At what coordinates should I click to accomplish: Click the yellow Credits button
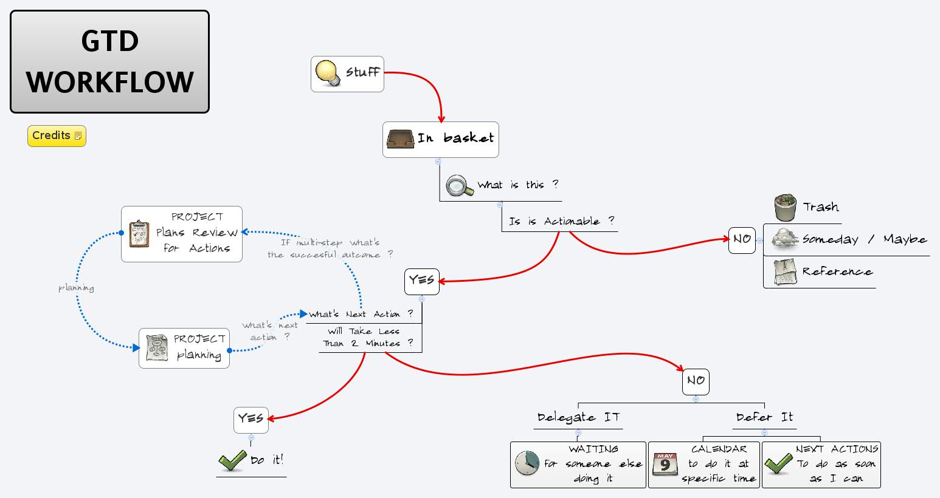coord(57,136)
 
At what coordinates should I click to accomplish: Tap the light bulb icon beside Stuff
coord(327,73)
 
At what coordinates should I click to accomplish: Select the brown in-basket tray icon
coord(401,139)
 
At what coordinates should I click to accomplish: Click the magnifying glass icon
coord(459,186)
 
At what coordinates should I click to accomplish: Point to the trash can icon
coord(786,208)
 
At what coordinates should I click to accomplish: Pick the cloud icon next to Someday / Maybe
coord(785,239)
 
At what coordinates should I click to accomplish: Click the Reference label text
coord(837,271)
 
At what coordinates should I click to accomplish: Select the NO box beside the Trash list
coord(742,240)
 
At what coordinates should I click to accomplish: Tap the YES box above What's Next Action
coord(421,281)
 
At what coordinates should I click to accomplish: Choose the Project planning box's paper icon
coord(157,348)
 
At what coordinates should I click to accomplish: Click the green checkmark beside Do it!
coord(232,460)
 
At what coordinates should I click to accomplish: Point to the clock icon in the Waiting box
coord(527,464)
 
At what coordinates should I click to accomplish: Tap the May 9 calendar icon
coord(665,464)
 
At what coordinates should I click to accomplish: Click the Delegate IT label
coord(578,418)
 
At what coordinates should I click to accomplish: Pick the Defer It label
coord(764,417)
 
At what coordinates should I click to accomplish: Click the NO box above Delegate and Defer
coord(696,381)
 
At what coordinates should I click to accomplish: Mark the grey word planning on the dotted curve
coord(76,287)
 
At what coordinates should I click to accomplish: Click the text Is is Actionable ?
coord(561,222)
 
